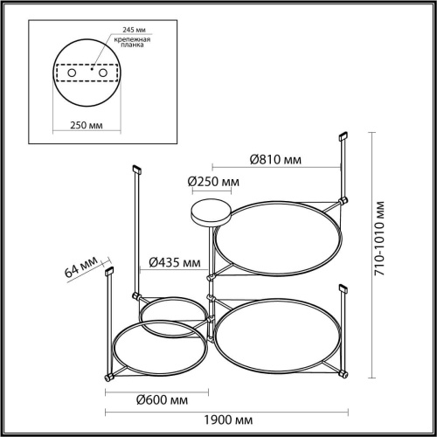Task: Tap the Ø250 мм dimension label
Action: [213, 182]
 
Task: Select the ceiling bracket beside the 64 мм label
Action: [110, 273]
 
